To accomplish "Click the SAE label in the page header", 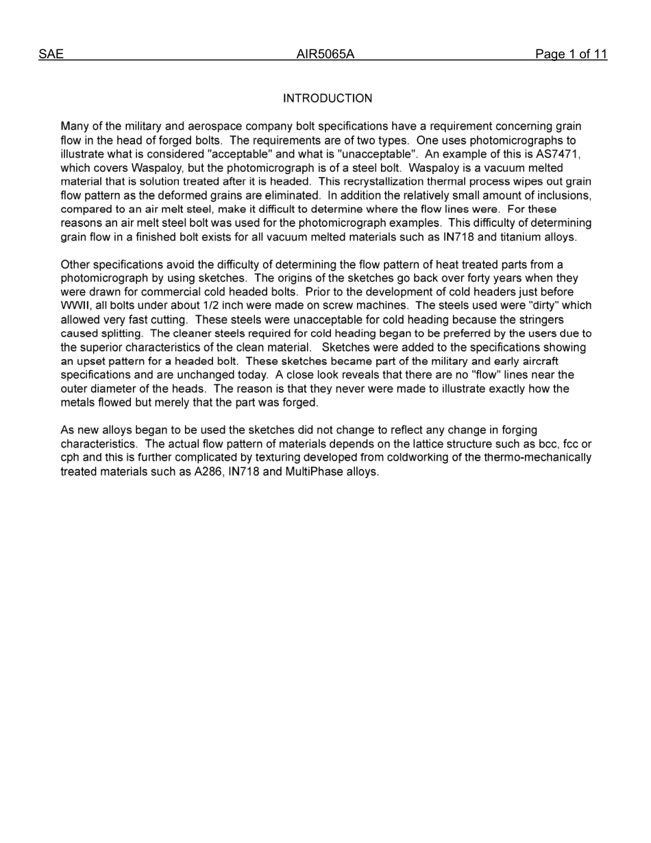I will point(51,55).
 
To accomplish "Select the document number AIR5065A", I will point(325,55).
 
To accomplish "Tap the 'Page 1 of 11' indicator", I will point(571,55).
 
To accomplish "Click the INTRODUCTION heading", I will point(328,99).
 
